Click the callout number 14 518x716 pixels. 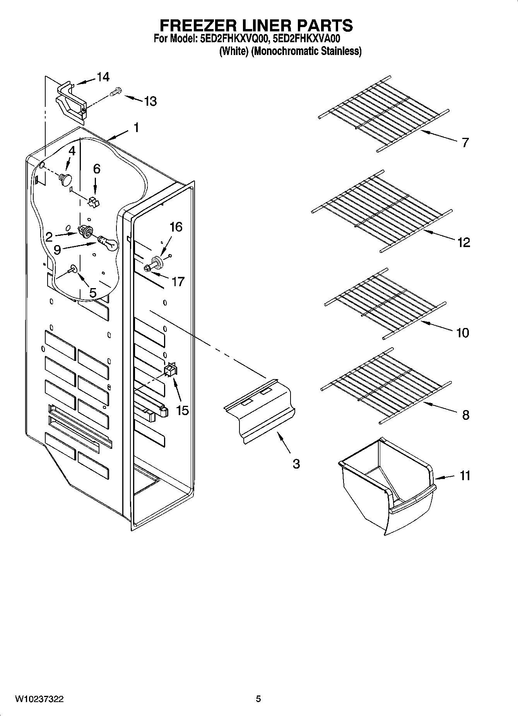tap(103, 77)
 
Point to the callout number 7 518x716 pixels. tap(465, 142)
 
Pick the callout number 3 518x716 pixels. tap(296, 464)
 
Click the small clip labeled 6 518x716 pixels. tap(94, 201)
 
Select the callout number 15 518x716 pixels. tap(182, 410)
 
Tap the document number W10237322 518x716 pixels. tap(39, 699)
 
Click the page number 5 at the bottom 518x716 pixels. tap(258, 699)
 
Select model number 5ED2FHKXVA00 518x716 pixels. tap(303, 39)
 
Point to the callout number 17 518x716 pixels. tap(178, 282)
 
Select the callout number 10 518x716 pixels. tap(463, 332)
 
